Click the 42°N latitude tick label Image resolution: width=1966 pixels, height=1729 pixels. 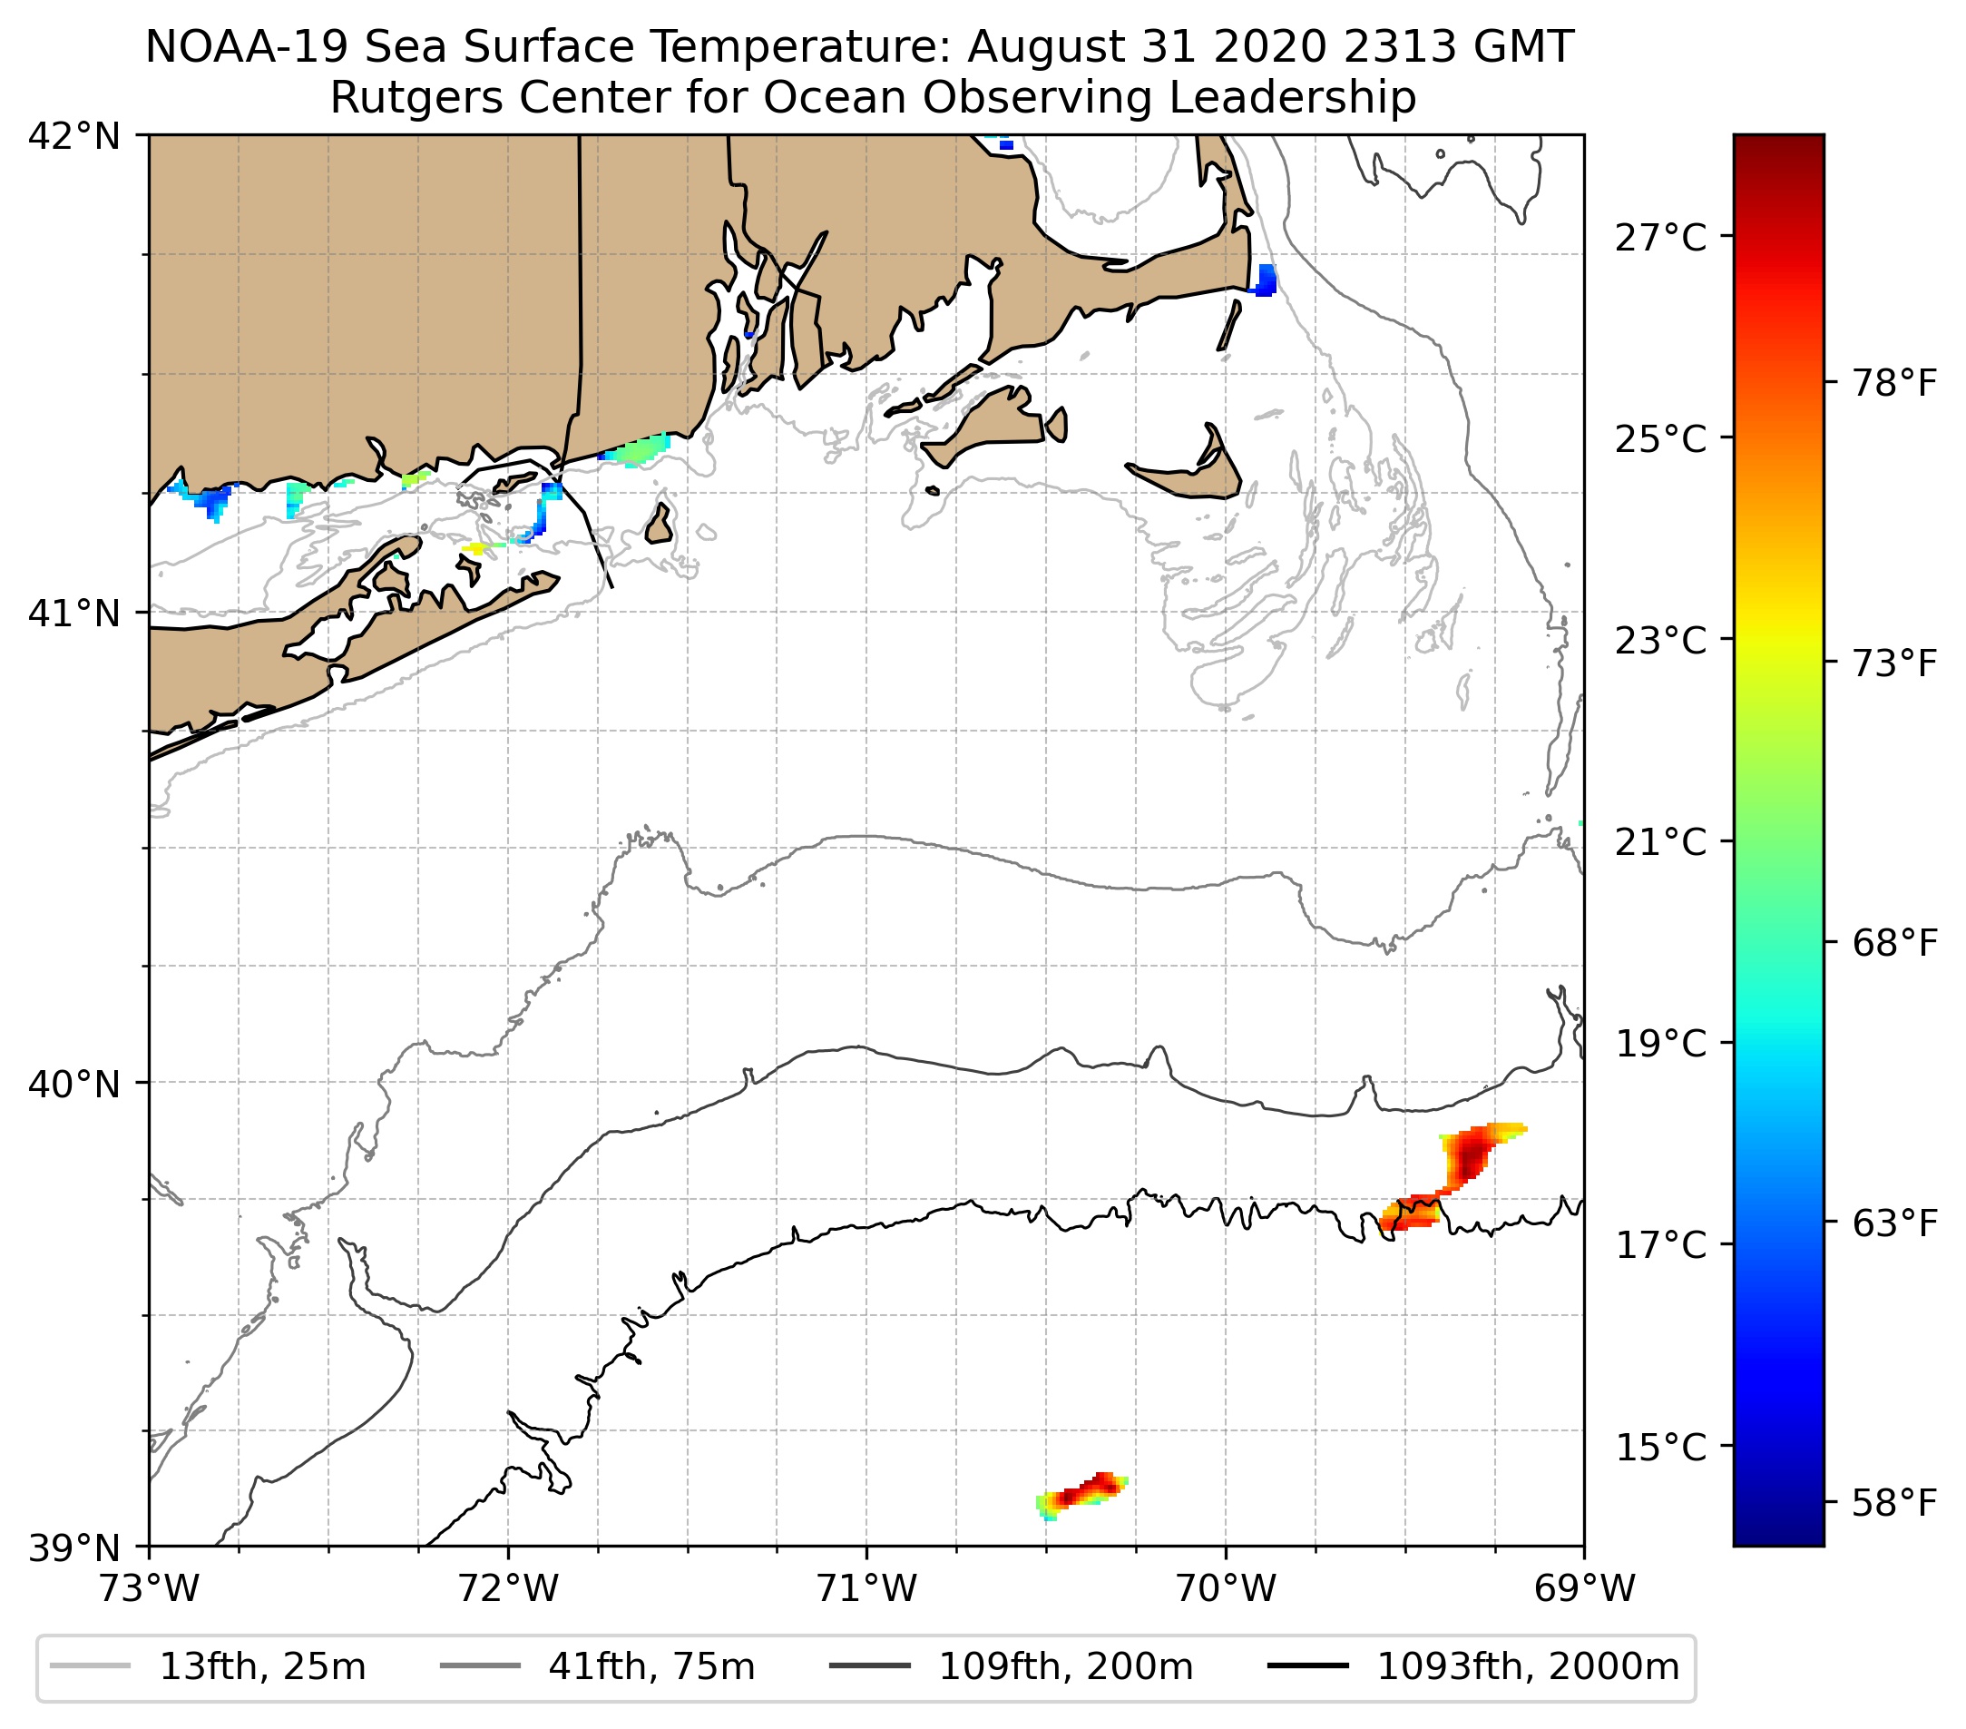point(74,137)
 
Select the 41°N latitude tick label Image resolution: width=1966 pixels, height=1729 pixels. point(74,612)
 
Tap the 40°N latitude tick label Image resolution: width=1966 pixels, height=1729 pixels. point(74,1084)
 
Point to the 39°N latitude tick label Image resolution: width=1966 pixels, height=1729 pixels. point(74,1547)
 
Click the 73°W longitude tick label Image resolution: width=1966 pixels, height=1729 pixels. point(149,1588)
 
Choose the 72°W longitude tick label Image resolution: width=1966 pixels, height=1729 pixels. point(508,1588)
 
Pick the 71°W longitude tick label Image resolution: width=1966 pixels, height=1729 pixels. point(866,1588)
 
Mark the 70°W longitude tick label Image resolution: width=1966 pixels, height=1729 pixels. point(1227,1588)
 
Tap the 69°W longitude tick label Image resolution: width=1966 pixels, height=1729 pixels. point(1584,1588)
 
